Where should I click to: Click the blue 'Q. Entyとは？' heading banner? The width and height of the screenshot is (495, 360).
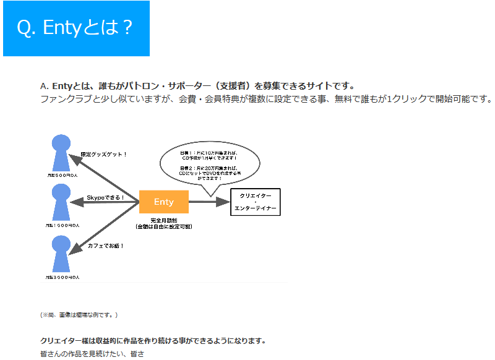coord(76,28)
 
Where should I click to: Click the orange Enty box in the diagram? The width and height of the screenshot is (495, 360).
coord(164,202)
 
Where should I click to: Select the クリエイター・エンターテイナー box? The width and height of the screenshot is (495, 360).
coord(256,202)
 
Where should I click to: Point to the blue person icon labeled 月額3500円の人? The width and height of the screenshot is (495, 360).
coord(61,253)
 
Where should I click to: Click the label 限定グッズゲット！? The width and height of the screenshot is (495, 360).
coord(103,154)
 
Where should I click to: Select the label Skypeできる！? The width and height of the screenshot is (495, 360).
coord(105,198)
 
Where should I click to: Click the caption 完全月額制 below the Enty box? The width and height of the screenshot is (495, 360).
coord(163,220)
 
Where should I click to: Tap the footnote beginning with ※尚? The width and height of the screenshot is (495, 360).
coord(79,315)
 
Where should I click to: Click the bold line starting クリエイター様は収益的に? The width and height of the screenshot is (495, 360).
coord(153,341)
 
